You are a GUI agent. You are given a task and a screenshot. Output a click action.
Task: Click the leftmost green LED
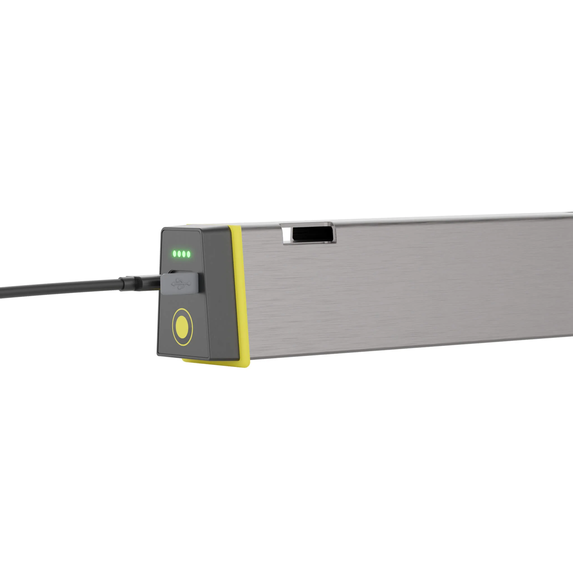pos(175,253)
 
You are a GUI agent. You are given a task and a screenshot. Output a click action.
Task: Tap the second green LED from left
pos(179,254)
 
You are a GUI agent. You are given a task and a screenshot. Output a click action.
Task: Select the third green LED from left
pos(184,254)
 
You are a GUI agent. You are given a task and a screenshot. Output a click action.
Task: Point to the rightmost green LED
pos(189,254)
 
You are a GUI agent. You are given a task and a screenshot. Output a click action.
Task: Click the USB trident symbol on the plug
pos(181,284)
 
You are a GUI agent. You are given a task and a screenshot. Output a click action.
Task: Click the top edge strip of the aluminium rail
pos(415,219)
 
